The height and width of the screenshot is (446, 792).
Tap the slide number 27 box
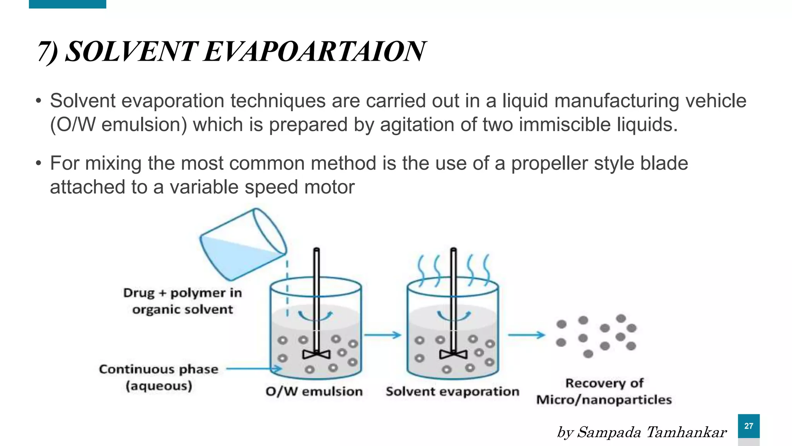tap(748, 426)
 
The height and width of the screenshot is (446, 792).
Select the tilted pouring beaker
tap(243, 244)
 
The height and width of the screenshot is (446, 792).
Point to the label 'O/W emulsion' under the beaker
tap(314, 391)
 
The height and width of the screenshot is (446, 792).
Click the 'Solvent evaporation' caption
tap(452, 391)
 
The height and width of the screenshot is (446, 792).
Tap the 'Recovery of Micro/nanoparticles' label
tap(604, 391)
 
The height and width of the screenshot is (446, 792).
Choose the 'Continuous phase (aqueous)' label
tap(159, 377)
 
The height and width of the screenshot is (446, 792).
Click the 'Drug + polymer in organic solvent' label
tap(183, 301)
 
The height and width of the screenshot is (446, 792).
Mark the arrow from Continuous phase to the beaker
tap(254, 369)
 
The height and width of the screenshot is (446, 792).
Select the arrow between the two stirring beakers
tap(382, 335)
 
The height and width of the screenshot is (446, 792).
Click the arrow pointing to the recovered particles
tap(526, 335)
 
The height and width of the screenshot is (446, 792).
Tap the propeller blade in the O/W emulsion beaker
tap(316, 354)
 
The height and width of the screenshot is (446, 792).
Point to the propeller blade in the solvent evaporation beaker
tap(453, 354)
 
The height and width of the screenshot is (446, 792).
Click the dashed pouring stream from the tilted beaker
tap(287, 288)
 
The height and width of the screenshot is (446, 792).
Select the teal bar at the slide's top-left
tap(67, 4)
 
